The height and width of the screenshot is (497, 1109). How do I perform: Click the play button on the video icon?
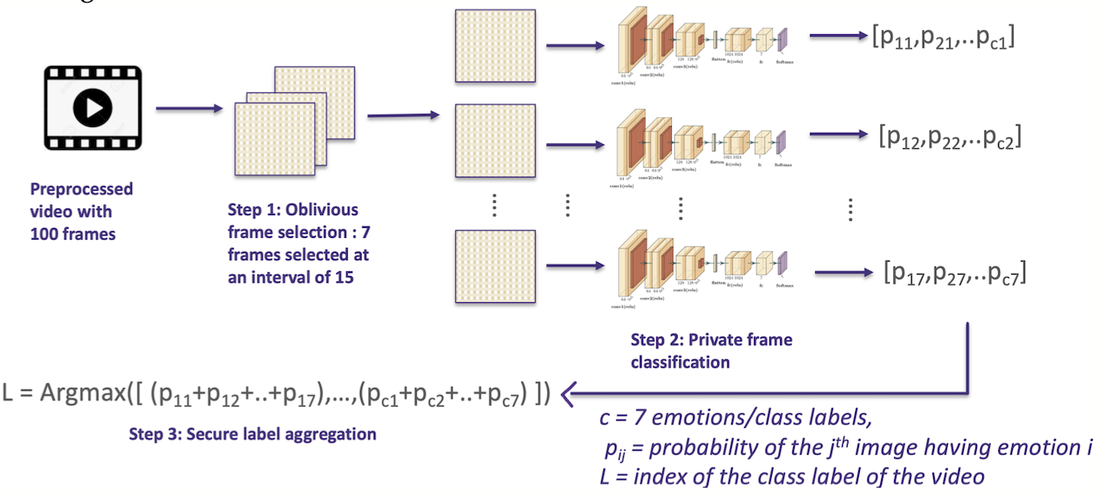pyautogui.click(x=93, y=107)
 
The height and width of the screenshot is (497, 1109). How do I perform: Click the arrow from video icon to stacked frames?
pyautogui.click(x=188, y=108)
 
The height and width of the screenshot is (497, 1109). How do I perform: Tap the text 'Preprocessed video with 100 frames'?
pyautogui.click(x=81, y=211)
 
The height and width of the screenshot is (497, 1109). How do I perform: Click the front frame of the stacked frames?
pyautogui.click(x=273, y=139)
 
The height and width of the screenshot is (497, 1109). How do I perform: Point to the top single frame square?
pyautogui.click(x=494, y=46)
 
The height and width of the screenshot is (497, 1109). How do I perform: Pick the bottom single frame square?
pyautogui.click(x=494, y=268)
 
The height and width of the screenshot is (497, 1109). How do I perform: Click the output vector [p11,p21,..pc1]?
pyautogui.click(x=942, y=38)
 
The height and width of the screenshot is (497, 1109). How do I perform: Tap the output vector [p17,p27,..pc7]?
pyautogui.click(x=954, y=273)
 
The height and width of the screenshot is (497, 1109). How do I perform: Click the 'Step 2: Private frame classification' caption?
pyautogui.click(x=711, y=350)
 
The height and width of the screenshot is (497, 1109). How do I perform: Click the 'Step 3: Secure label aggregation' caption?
pyautogui.click(x=252, y=434)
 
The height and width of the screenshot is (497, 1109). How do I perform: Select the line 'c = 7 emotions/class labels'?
pyautogui.click(x=734, y=420)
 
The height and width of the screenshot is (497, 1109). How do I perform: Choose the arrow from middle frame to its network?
pyautogui.click(x=574, y=145)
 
